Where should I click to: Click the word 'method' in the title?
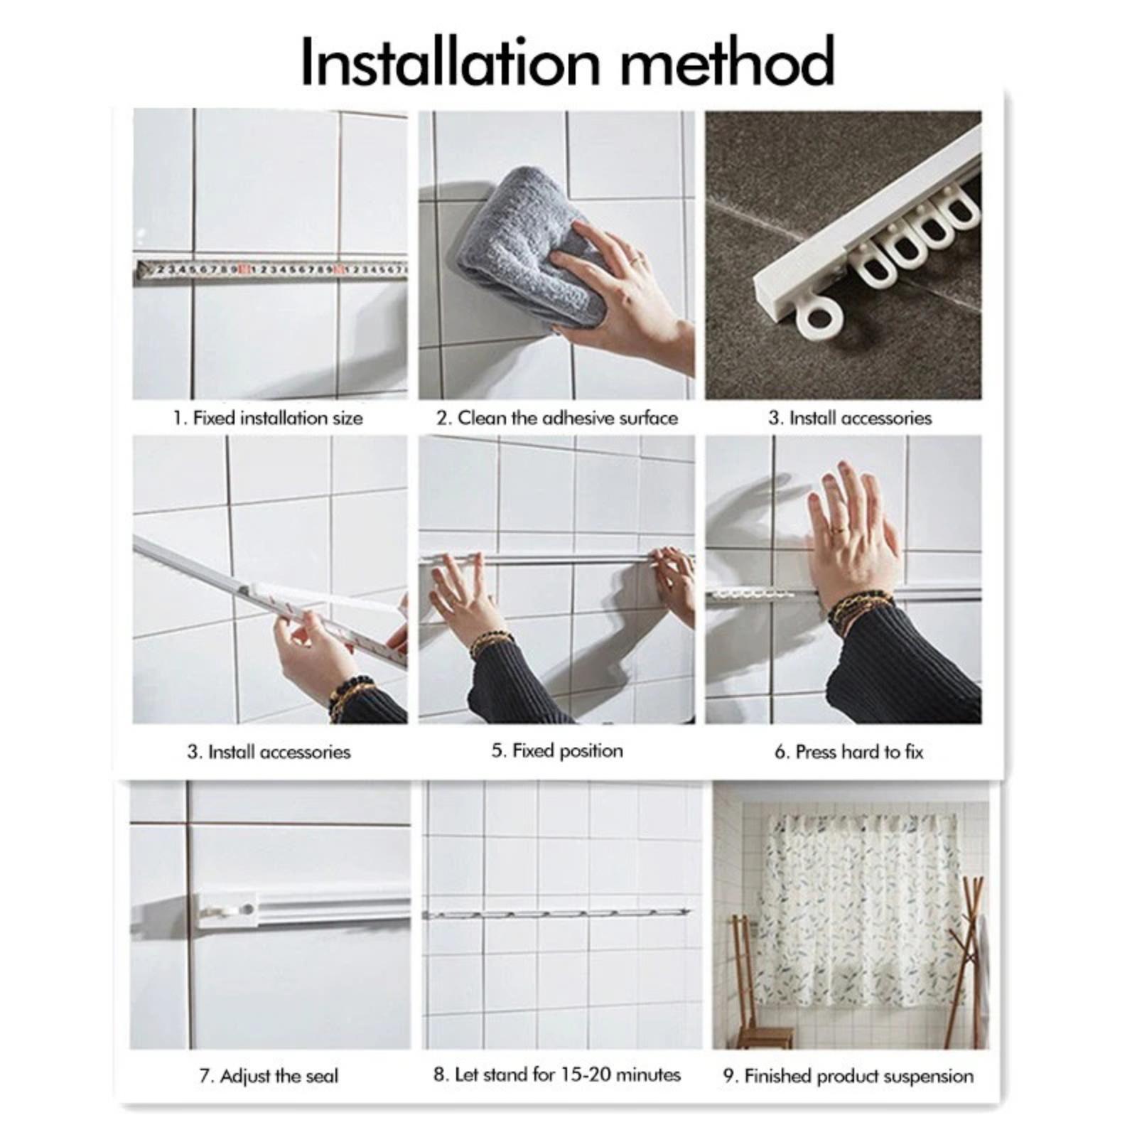[728, 62]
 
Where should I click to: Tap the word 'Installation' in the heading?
[451, 62]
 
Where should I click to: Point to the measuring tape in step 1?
[271, 271]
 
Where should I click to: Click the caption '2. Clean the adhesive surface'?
[557, 418]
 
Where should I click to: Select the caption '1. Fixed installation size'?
[268, 418]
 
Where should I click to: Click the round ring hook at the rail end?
[821, 316]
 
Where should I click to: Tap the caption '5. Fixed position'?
[557, 750]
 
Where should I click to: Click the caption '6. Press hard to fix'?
[849, 751]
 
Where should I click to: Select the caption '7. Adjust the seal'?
[269, 1076]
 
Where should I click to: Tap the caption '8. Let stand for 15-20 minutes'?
[557, 1074]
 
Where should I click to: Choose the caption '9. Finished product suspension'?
[848, 1076]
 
